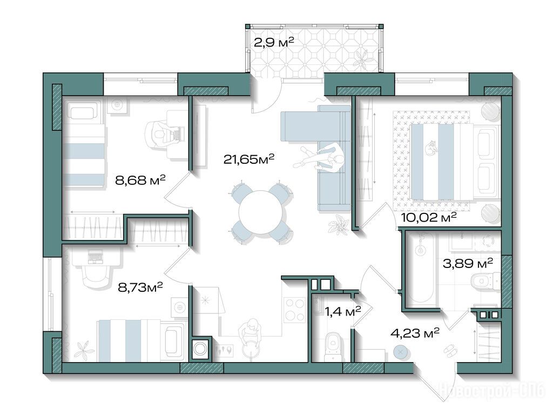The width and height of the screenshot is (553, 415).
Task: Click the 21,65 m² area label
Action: tap(249, 159)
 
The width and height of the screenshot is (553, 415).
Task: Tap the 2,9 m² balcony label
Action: tap(274, 43)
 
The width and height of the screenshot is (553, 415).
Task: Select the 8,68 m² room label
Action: tap(140, 180)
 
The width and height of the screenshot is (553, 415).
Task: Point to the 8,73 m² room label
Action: tap(140, 287)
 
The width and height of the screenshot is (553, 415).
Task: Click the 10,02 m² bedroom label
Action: tap(429, 217)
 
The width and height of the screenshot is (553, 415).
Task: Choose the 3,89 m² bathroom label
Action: tap(468, 263)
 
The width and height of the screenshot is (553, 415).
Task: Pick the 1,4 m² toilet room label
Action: tap(343, 311)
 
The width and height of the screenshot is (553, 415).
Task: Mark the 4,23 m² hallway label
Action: tap(415, 333)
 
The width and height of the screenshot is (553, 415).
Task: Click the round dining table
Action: tap(261, 213)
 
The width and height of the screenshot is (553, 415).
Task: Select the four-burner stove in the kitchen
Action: tap(294, 310)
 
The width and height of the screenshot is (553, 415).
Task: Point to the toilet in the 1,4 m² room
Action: tap(333, 345)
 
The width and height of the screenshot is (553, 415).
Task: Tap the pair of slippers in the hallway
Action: tap(450, 350)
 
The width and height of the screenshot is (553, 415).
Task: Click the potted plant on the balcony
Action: tap(361, 58)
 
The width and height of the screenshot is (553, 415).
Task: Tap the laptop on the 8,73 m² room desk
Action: tap(94, 256)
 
